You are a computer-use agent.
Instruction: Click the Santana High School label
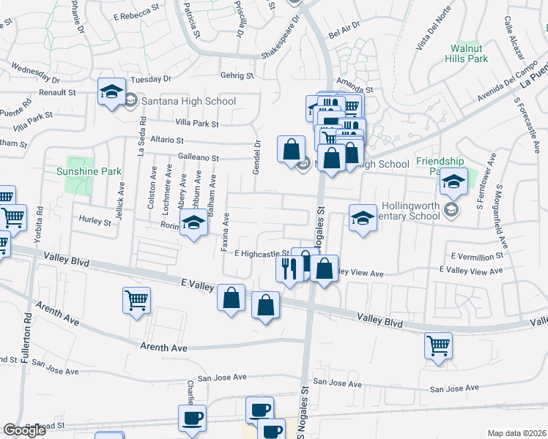[189, 101]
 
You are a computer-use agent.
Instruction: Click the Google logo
[24, 430]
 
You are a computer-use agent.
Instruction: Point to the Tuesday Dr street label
[150, 78]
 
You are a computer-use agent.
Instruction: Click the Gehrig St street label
[237, 75]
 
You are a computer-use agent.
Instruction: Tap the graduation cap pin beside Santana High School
[111, 91]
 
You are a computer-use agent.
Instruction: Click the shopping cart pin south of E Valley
[137, 299]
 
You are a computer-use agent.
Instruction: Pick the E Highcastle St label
[261, 253]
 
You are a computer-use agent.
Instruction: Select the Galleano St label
[199, 157]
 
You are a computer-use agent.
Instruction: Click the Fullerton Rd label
[29, 333]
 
